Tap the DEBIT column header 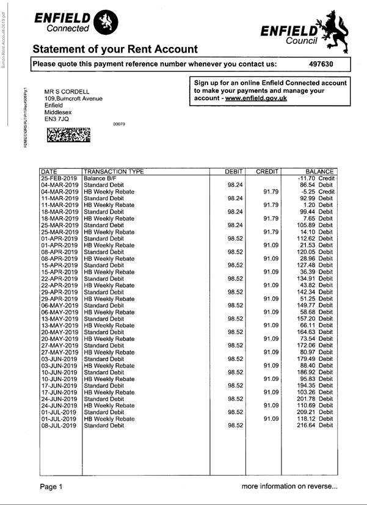click(x=234, y=172)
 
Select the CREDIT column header click(x=267, y=172)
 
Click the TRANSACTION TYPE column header click(x=114, y=172)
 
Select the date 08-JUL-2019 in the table click(x=59, y=426)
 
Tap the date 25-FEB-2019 click(x=59, y=178)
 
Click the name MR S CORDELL click(x=67, y=92)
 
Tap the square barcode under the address click(x=68, y=134)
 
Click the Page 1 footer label click(x=51, y=487)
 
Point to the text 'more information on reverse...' click(x=289, y=487)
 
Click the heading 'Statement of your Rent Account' click(x=115, y=49)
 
